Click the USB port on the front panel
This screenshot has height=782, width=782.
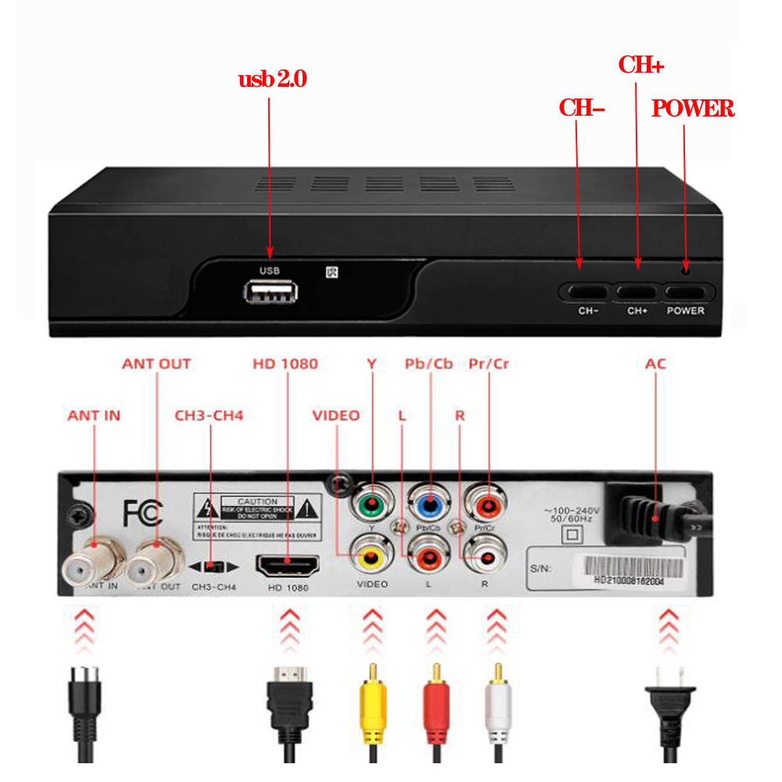tap(271, 293)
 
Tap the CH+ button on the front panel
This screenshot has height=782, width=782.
tap(637, 291)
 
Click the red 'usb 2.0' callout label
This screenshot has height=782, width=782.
tap(272, 79)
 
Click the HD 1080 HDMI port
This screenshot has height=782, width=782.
tap(288, 563)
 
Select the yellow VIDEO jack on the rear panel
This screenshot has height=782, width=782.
tap(371, 558)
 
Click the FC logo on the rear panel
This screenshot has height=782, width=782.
tap(143, 513)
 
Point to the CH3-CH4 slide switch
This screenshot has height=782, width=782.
tap(216, 565)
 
